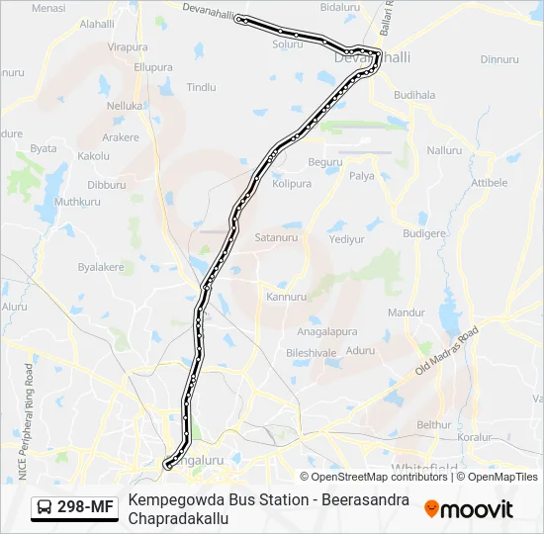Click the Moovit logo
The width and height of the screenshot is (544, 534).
[x=468, y=509]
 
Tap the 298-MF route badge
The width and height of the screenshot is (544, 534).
[x=75, y=508]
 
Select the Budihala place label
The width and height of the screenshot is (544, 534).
[x=413, y=95]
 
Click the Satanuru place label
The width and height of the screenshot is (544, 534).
[x=276, y=238]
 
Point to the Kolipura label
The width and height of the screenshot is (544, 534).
[x=292, y=184]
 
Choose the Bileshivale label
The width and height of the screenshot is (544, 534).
[x=312, y=352]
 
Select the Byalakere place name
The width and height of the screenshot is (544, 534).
[x=100, y=267]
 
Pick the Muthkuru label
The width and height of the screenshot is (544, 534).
[x=78, y=202]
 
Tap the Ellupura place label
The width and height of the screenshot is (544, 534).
[x=152, y=67]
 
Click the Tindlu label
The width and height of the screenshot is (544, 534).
[x=201, y=87]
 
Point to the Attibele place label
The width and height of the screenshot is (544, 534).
[x=489, y=183]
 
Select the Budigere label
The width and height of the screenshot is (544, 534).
[x=425, y=234]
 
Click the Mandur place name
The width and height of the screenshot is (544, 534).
[x=406, y=312]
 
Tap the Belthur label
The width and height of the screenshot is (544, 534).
[x=433, y=424]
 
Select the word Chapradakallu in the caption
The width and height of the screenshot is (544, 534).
[x=171, y=518]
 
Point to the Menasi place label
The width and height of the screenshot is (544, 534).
[x=48, y=8]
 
